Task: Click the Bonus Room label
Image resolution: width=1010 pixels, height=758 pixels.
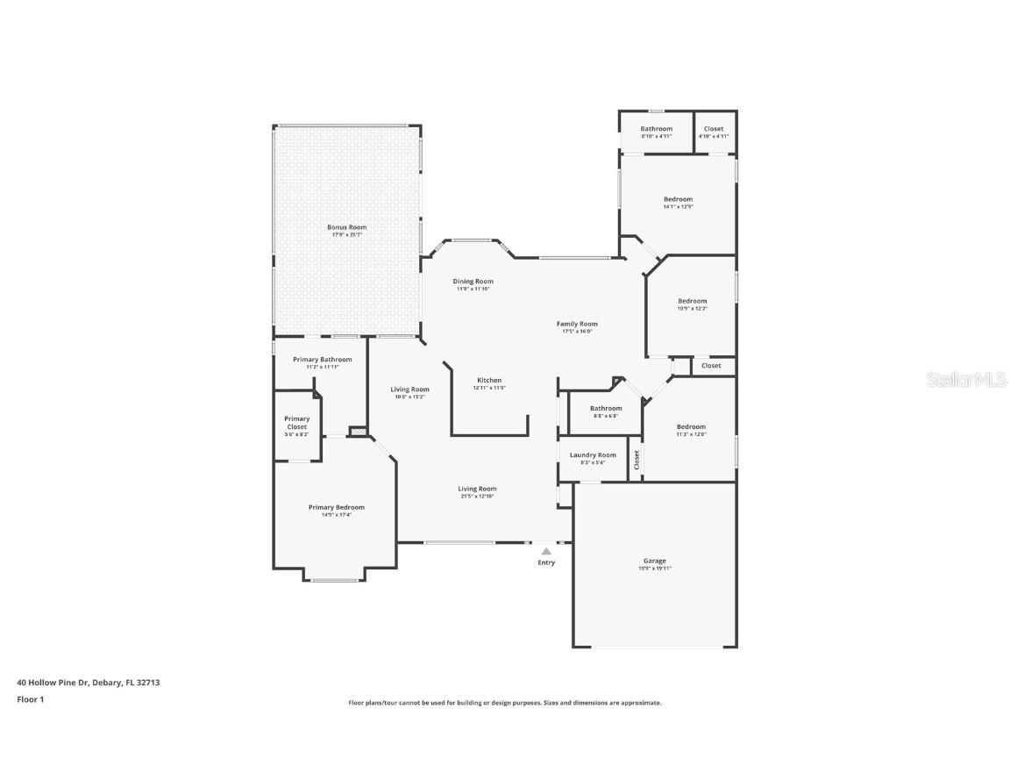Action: [x=347, y=227]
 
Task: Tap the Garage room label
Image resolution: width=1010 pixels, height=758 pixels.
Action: [x=655, y=561]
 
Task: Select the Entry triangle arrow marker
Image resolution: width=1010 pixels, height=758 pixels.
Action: [x=546, y=552]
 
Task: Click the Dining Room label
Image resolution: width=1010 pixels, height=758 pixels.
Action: [x=473, y=282]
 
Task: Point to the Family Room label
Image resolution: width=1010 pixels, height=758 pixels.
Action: [x=577, y=324]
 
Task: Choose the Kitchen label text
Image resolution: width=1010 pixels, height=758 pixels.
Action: [x=489, y=380]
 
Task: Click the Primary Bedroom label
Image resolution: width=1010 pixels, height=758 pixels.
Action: [x=336, y=507]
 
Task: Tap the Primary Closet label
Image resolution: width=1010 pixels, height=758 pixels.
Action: [x=296, y=423]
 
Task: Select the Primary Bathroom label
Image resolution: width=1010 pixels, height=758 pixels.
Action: [x=323, y=359]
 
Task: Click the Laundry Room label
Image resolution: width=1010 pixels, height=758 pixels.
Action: [x=593, y=454]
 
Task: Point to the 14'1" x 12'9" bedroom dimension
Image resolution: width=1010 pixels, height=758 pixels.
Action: [x=678, y=207]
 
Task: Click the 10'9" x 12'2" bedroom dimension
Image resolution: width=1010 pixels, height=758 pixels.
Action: [x=692, y=309]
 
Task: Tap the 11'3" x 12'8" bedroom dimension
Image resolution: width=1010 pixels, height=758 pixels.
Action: [x=691, y=434]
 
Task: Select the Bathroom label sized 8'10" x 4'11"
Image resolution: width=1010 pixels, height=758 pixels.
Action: [x=656, y=129]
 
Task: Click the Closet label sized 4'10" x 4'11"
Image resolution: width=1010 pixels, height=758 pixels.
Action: [x=714, y=129]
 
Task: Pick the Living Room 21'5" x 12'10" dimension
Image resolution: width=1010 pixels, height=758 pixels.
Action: [x=477, y=497]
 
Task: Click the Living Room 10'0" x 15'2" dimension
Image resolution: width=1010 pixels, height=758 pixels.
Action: [x=409, y=397]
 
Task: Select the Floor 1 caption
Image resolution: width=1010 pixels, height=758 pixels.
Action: [x=30, y=699]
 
